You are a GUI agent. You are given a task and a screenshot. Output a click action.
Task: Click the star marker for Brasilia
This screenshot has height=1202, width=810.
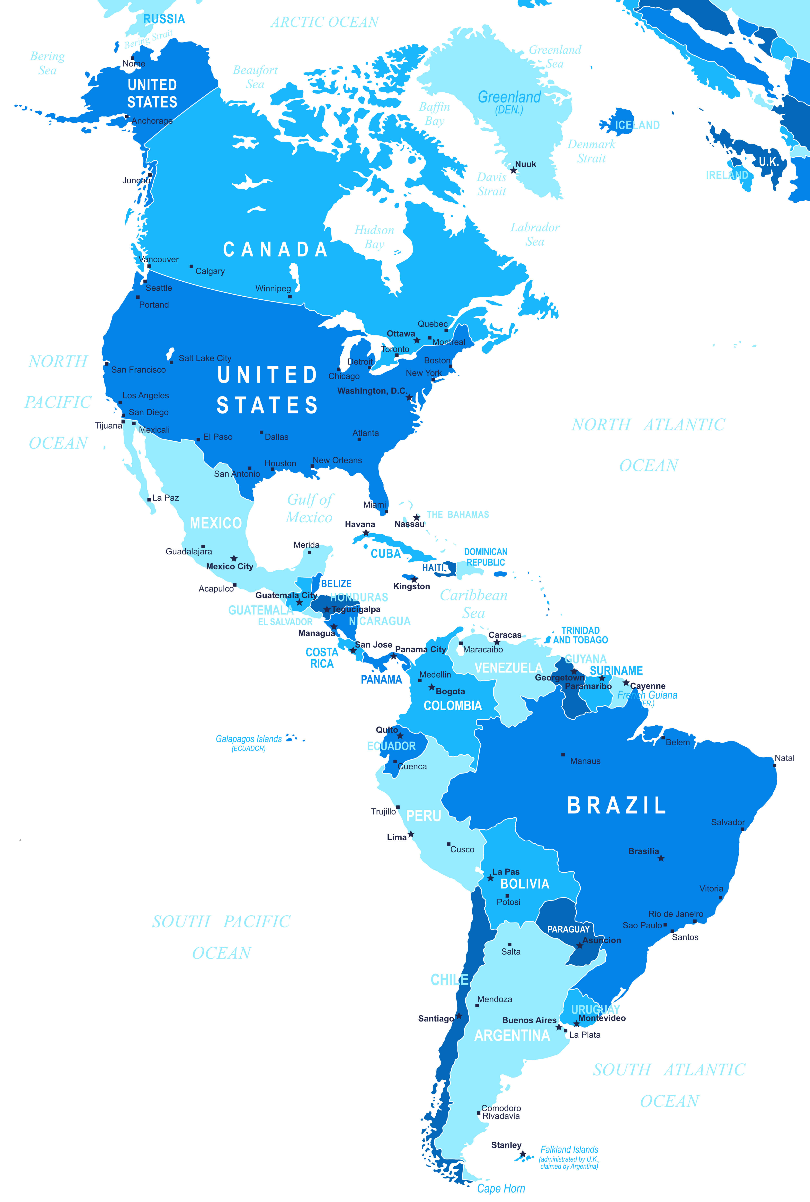[661, 858]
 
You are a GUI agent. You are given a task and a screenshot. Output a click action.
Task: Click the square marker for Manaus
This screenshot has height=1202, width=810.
[563, 755]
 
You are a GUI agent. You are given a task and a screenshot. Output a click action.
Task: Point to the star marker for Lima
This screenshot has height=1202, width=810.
[411, 834]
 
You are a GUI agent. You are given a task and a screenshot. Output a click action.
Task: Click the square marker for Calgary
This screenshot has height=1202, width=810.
[191, 267]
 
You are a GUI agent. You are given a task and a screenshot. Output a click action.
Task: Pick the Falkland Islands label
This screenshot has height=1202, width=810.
[569, 1150]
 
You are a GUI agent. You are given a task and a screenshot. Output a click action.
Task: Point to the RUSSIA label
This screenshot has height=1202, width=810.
[164, 19]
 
